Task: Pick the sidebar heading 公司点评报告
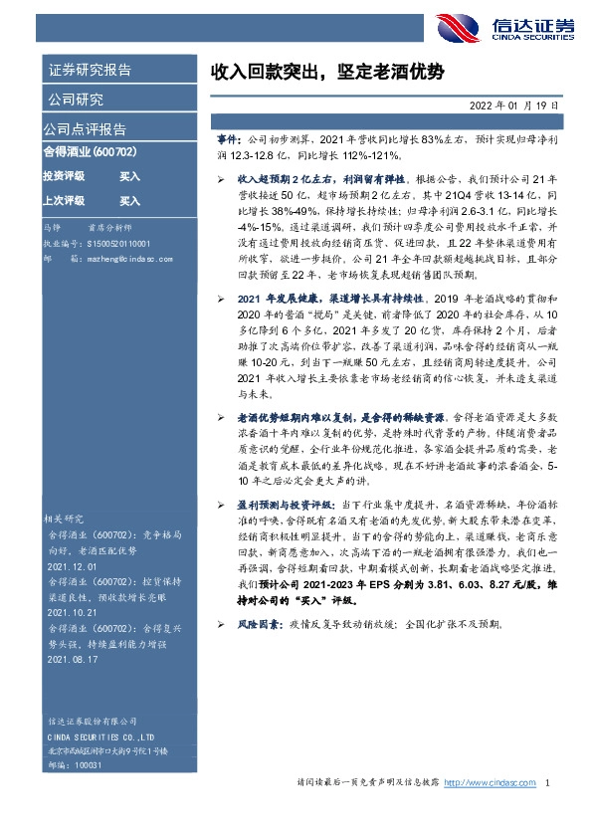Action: click(84, 128)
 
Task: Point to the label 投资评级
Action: click(63, 176)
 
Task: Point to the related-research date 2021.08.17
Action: click(73, 659)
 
